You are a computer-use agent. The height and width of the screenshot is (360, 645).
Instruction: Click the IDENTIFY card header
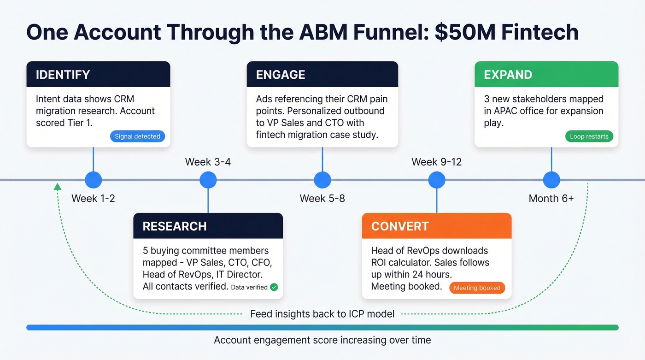98,74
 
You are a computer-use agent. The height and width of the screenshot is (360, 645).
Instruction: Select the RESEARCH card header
208,226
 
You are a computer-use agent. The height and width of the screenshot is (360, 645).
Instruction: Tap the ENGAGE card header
322,74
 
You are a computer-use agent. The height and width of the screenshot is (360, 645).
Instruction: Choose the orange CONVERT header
436,226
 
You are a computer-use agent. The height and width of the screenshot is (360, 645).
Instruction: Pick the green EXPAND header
546,74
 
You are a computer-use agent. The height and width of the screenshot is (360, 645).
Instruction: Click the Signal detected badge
137,136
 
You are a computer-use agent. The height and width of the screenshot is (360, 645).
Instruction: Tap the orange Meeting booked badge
477,288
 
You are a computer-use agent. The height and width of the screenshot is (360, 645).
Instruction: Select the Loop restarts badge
589,136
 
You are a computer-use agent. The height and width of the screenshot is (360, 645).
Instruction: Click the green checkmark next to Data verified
274,287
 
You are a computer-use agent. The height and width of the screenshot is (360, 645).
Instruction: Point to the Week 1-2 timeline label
93,199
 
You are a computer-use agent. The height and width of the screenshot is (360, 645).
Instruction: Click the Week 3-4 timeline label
208,162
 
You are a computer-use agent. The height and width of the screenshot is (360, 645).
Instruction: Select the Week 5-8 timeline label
322,199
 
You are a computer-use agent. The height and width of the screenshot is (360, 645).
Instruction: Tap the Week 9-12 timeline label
436,162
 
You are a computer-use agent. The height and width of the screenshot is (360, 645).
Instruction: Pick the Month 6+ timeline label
551,199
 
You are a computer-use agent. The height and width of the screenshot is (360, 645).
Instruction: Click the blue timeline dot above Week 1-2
94,180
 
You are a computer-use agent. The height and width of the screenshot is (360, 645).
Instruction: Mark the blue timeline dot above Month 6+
551,180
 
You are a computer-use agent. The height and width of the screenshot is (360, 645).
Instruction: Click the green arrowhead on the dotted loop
57,187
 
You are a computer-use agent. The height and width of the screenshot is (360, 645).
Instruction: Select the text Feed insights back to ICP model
322,314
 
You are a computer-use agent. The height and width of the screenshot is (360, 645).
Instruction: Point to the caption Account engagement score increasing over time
322,340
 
